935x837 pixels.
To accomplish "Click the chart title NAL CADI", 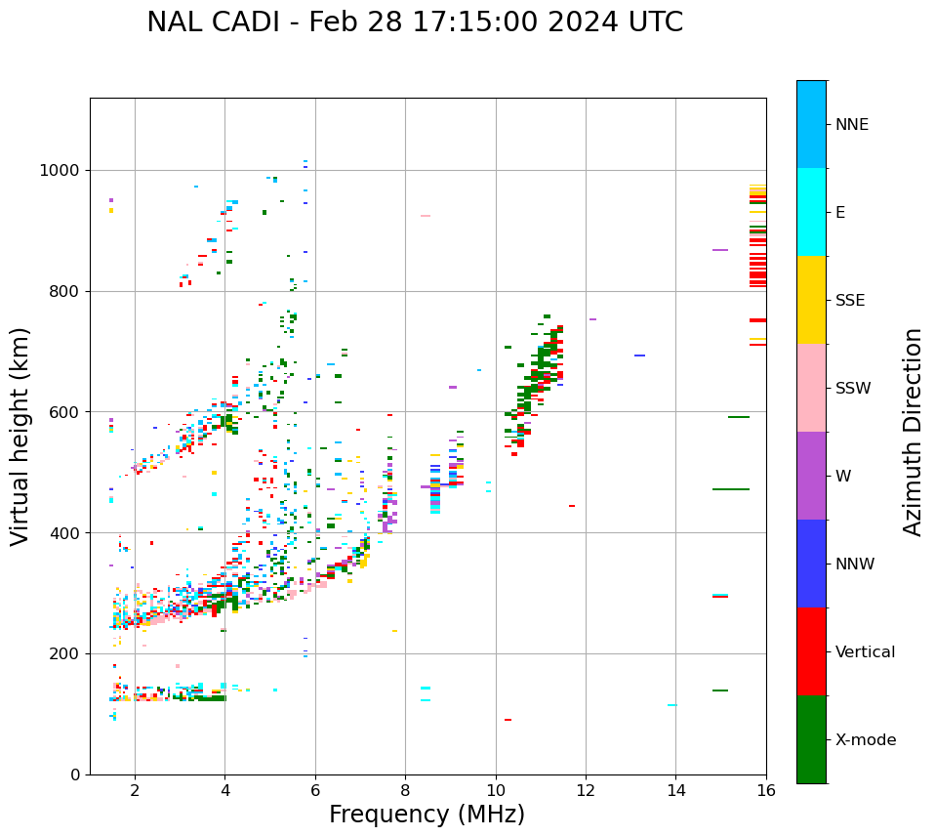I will click(415, 22).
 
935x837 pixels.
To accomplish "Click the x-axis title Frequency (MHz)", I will click(427, 815).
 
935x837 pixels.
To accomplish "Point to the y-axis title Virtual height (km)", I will click(20, 436).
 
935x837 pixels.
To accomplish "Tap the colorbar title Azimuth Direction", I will click(913, 432).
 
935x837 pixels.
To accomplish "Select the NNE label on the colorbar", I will click(851, 125).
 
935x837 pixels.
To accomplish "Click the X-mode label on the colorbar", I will click(865, 740).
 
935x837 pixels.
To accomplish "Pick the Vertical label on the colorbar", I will click(865, 652).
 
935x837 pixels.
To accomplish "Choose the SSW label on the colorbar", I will click(853, 389).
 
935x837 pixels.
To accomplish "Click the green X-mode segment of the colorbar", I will click(811, 739).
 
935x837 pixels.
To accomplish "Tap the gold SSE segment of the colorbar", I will click(811, 300).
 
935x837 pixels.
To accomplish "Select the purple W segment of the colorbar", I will click(811, 476).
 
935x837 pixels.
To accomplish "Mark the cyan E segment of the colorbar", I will click(811, 212).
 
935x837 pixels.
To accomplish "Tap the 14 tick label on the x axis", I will click(675, 790).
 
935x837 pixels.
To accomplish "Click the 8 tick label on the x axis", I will click(405, 790).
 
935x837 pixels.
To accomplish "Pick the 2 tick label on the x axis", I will click(135, 790).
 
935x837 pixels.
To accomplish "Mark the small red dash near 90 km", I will click(508, 720).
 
